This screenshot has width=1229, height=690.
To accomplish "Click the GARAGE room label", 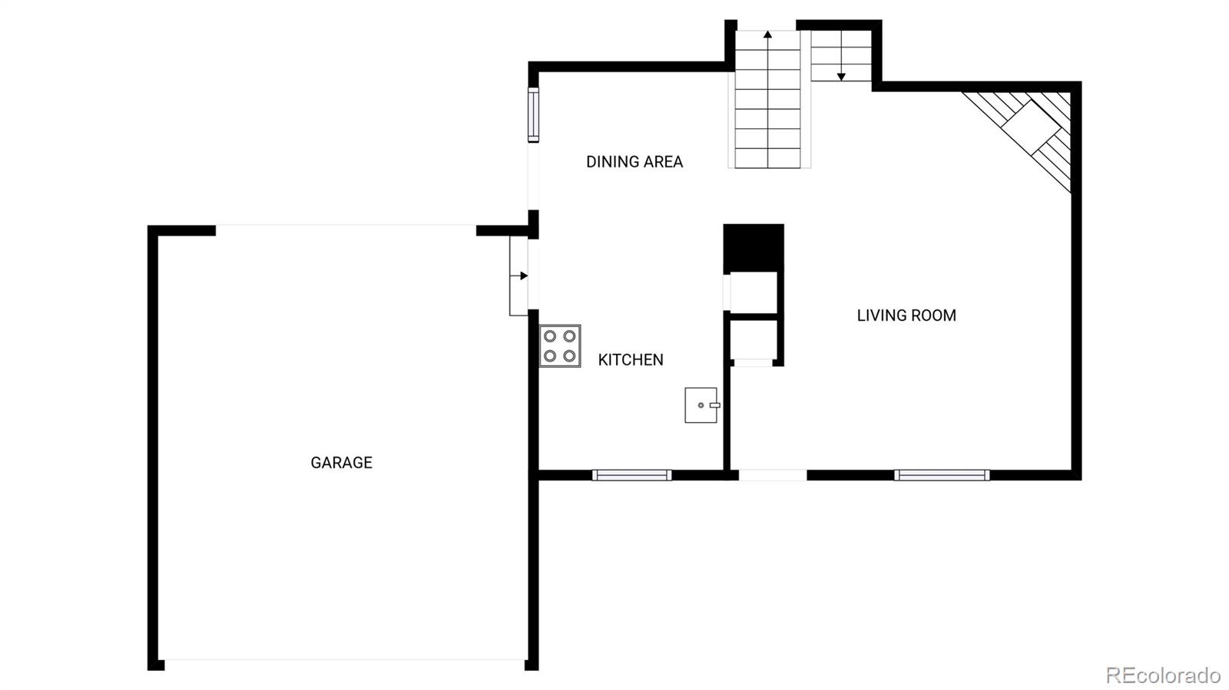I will pyautogui.click(x=341, y=463).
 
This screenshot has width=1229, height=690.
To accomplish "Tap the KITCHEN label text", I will pyautogui.click(x=631, y=360).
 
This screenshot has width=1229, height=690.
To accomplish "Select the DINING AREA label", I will pyautogui.click(x=634, y=162).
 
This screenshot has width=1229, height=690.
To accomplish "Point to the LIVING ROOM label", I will pyautogui.click(x=906, y=315).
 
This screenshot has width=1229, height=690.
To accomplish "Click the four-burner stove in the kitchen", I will pyautogui.click(x=560, y=346).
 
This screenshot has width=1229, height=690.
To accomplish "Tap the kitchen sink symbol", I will pyautogui.click(x=701, y=405).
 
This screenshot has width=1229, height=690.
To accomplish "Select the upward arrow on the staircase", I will pyautogui.click(x=767, y=35).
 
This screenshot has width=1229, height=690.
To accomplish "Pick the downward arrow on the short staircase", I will pyautogui.click(x=841, y=75).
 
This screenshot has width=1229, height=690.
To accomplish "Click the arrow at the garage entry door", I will pyautogui.click(x=523, y=276).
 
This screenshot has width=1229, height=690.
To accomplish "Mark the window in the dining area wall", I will pyautogui.click(x=533, y=115).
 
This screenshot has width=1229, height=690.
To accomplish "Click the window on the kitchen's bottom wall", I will pyautogui.click(x=632, y=475).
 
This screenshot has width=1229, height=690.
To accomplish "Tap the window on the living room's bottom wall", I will pyautogui.click(x=942, y=475).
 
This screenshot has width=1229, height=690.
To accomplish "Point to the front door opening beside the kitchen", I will pyautogui.click(x=773, y=475).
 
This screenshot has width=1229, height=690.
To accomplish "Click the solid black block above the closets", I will pyautogui.click(x=754, y=247).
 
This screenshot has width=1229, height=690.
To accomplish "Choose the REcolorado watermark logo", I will pyautogui.click(x=1163, y=675).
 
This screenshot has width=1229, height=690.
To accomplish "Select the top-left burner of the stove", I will pyautogui.click(x=550, y=336).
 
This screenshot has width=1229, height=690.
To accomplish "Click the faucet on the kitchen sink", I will pyautogui.click(x=714, y=404).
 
